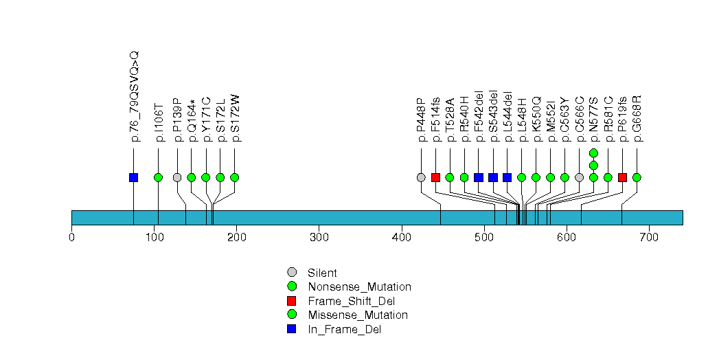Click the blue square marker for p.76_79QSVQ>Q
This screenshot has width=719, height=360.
coord(133,177)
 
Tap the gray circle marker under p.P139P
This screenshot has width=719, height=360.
coord(177,177)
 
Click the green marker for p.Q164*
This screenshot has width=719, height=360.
coord(192,177)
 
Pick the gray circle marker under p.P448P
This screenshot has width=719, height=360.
coord(421,177)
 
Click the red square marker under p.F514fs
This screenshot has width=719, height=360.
coord(435,177)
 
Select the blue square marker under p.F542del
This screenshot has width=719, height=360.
coord(479,177)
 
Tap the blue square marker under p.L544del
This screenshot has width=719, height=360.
coord(507,177)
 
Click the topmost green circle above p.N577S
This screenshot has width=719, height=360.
coord(593,153)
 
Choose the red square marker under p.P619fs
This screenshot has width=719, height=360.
coord(622,177)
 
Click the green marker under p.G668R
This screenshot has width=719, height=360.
coord(637,177)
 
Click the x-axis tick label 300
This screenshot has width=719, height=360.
coord(319,238)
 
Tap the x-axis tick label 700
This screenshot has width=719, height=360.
coord(648,238)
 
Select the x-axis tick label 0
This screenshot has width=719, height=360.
coord(71,238)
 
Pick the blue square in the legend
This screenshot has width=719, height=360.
coord(292,329)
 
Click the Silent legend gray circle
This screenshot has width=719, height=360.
coord(292,272)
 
